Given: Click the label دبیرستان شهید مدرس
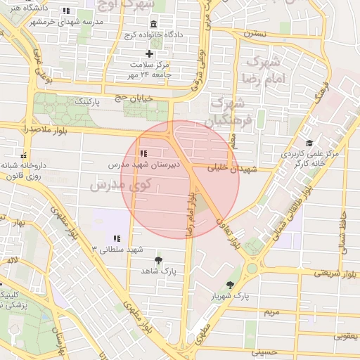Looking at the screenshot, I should point(144,163).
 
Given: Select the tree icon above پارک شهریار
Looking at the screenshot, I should point(231,284).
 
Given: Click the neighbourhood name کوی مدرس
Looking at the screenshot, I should point(117,185).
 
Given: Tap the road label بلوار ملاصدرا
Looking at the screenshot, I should point(25,131).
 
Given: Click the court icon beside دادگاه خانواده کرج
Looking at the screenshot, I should point(153,25).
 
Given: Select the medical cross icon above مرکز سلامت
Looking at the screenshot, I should point(149,53).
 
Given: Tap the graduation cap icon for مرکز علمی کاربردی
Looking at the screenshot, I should point(309,142).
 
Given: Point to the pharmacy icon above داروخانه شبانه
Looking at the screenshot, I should point(24,155).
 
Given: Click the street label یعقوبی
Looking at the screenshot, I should point(345,335).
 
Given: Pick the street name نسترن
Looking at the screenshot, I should point(255,33).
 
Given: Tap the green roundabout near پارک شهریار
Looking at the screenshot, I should point(251,269).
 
